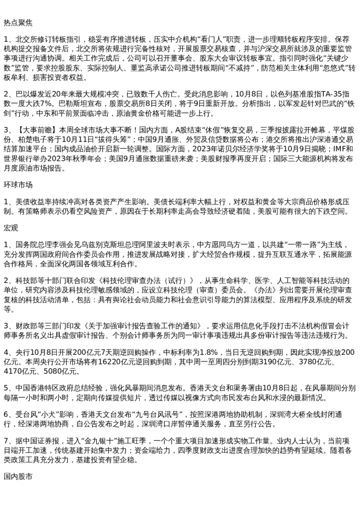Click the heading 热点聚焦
click(18, 22)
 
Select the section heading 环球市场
click(18, 184)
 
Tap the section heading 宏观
click(10, 227)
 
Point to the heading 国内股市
click(18, 476)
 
